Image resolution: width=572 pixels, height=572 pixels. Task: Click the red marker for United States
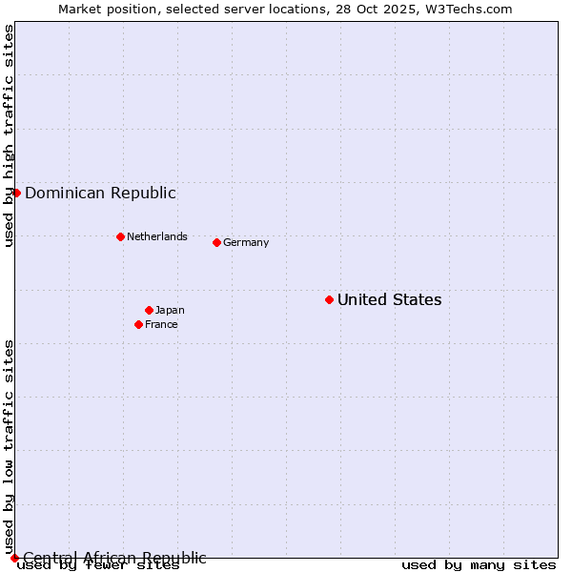[329, 299]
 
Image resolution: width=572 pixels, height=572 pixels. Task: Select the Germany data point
[216, 242]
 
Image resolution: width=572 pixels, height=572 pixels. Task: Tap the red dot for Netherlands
[120, 236]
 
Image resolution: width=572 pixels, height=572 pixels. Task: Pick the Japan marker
[149, 310]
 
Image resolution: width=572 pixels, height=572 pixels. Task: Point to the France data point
[138, 324]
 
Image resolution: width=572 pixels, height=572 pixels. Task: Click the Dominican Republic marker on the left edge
[16, 193]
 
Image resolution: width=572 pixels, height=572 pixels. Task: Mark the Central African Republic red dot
[14, 558]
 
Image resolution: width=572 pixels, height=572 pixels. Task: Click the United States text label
[389, 299]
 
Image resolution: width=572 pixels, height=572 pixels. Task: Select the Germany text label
[246, 242]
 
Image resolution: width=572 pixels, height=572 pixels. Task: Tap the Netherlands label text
[157, 236]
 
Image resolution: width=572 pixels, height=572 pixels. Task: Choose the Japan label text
[170, 310]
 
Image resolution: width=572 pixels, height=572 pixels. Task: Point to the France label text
[161, 324]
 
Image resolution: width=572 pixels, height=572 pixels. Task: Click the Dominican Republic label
[100, 193]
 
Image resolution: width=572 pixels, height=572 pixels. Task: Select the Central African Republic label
[114, 558]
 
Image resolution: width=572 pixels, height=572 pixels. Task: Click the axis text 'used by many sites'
[479, 565]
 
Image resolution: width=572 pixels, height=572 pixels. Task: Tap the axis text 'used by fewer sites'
[98, 565]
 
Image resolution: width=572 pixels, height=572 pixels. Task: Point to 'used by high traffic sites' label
[9, 136]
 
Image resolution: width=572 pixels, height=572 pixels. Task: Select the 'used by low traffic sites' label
[9, 446]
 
